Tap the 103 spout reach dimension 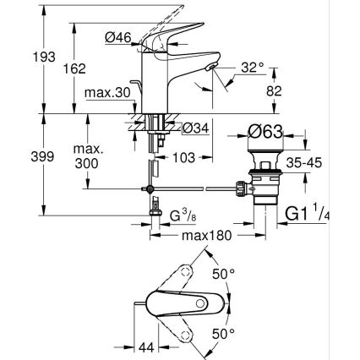(185, 157)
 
